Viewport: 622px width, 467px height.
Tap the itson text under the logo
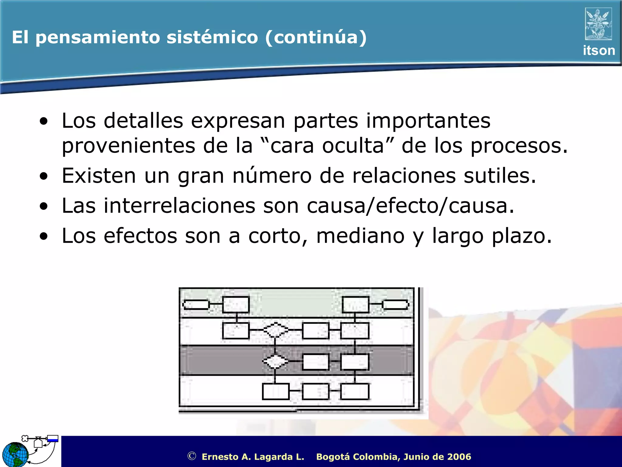tap(599, 50)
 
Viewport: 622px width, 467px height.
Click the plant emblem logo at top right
tap(598, 24)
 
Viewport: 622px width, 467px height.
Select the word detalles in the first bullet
tap(143, 121)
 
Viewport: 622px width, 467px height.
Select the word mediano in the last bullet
tap(360, 236)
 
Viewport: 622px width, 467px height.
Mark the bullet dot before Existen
tap(44, 176)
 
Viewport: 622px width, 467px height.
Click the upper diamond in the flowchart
tap(275, 330)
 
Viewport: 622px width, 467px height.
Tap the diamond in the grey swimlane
tap(275, 361)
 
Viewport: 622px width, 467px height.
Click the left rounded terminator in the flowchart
tap(196, 304)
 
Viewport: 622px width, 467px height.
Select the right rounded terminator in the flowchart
tap(395, 304)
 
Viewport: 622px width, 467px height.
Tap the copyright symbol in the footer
tap(192, 456)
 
